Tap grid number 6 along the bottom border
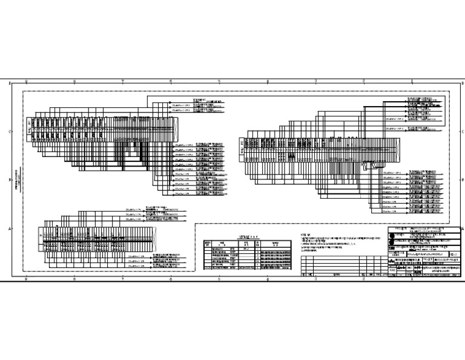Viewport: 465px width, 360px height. click(x=171, y=279)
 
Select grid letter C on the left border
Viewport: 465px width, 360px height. click(x=10, y=131)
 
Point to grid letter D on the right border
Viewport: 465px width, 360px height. click(x=461, y=83)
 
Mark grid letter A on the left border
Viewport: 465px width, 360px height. click(x=10, y=228)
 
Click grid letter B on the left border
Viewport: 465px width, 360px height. click(x=10, y=180)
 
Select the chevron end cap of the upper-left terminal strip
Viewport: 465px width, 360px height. click(x=29, y=128)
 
